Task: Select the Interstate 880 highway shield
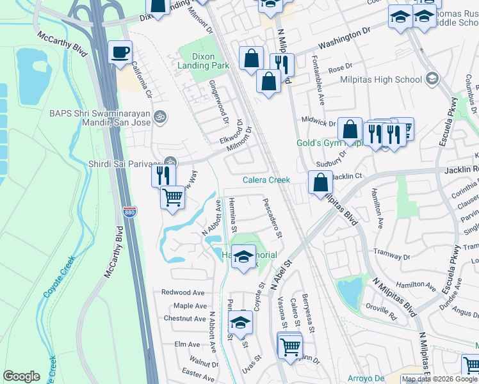[x=130, y=230]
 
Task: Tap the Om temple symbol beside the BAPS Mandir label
[x=161, y=116]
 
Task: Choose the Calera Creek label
[x=266, y=180]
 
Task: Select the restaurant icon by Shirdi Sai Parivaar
[x=163, y=174]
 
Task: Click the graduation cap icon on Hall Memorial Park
[x=243, y=257]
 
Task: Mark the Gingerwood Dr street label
[x=218, y=101]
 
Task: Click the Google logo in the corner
[x=21, y=376]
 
